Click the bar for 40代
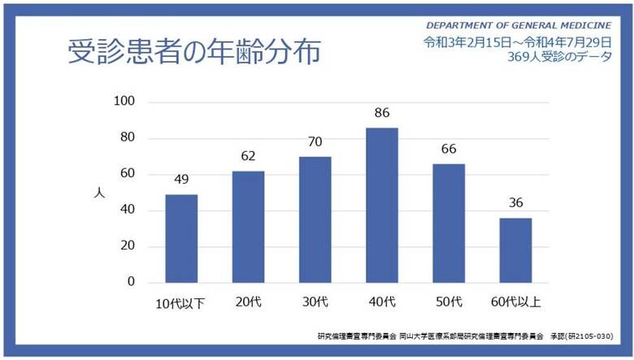click(x=381, y=205)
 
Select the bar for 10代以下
click(x=180, y=238)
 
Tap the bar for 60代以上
click(x=515, y=250)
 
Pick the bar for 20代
click(x=247, y=227)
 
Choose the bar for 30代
click(x=315, y=219)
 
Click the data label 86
click(x=381, y=114)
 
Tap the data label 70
click(x=315, y=142)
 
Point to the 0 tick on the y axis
click(x=130, y=282)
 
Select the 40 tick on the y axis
click(x=127, y=210)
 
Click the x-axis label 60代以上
click(x=515, y=303)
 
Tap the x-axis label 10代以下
click(x=180, y=304)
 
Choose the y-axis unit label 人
click(x=99, y=193)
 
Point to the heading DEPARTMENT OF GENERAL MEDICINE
click(x=519, y=25)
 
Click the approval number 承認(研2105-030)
click(x=580, y=336)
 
